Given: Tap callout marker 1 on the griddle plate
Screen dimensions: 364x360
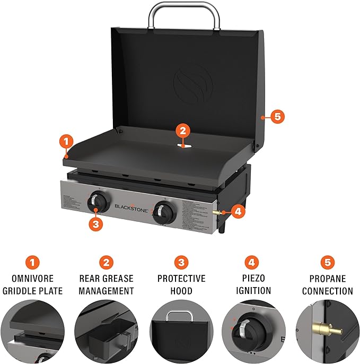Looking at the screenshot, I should click(x=65, y=142).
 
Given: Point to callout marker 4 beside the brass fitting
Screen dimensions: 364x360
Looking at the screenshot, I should click(x=238, y=211).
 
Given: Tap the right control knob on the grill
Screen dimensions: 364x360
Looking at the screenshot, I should click(x=162, y=213).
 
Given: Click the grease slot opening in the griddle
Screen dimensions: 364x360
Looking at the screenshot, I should click(x=182, y=145).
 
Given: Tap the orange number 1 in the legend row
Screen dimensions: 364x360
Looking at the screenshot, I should click(x=33, y=263).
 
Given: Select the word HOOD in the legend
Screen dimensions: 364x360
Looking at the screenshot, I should click(x=181, y=291).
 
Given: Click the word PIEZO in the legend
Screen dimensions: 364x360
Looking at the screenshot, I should click(x=253, y=278).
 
